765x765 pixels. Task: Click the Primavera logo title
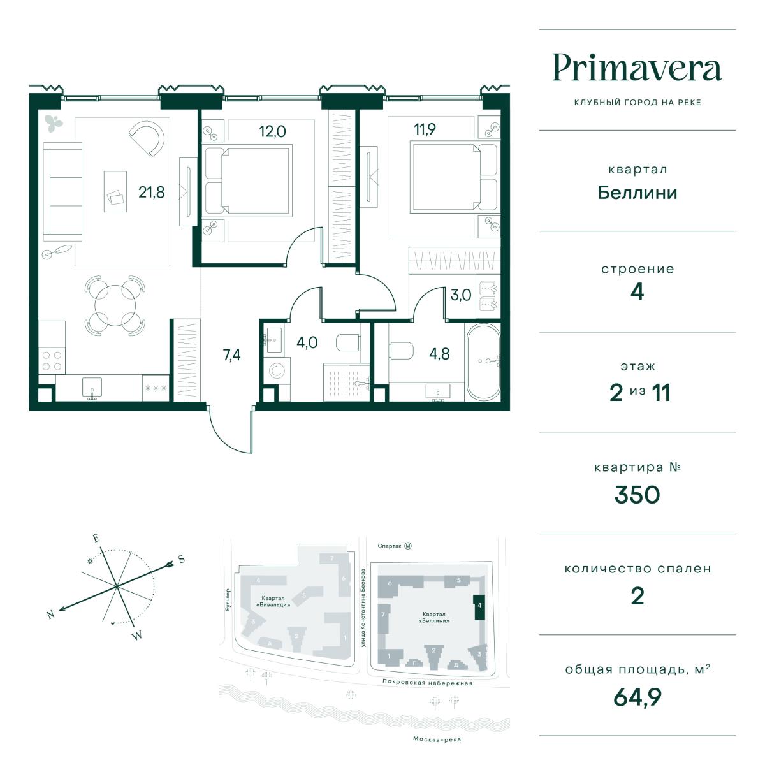click(x=637, y=68)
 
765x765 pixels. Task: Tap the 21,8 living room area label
click(x=151, y=193)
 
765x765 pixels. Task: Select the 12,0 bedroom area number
click(x=272, y=131)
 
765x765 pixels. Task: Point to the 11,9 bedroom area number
click(x=425, y=129)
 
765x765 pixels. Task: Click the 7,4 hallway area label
click(x=231, y=355)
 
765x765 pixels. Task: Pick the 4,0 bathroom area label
click(x=307, y=342)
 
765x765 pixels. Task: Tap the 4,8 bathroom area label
click(x=439, y=354)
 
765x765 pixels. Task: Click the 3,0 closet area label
click(x=461, y=295)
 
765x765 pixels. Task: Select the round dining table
click(x=115, y=306)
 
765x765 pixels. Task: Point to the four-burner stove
click(x=52, y=361)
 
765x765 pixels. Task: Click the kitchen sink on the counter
click(x=92, y=388)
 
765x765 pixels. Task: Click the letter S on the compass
click(x=182, y=559)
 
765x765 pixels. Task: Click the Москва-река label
click(x=437, y=739)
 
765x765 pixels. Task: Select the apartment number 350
click(x=637, y=495)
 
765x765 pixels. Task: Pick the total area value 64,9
click(x=637, y=697)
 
